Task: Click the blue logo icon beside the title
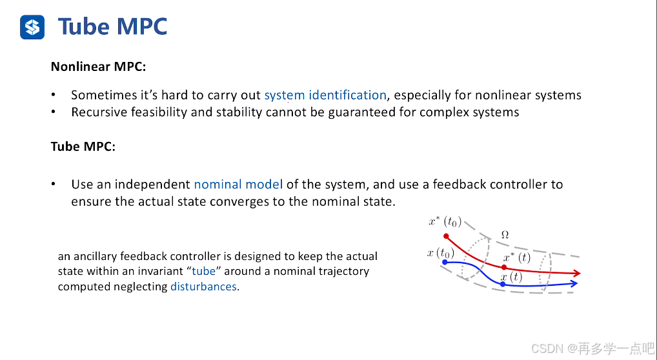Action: coord(32,27)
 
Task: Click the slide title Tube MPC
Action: coord(112,26)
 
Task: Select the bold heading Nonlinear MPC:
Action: coord(98,66)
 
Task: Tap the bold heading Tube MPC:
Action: coord(83,146)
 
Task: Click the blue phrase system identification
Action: coord(325,95)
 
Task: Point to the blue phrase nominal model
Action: coord(238,185)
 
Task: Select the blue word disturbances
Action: coord(203,286)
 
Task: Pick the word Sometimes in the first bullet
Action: coord(102,95)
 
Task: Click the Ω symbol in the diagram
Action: coord(505,235)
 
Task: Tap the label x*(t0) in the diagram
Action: coord(445,221)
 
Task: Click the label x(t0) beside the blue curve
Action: coord(440,253)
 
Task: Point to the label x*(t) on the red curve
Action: coord(517,258)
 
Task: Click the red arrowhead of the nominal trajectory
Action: coord(576,274)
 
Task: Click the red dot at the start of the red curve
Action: coord(445,235)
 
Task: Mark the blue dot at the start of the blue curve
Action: coord(445,262)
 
